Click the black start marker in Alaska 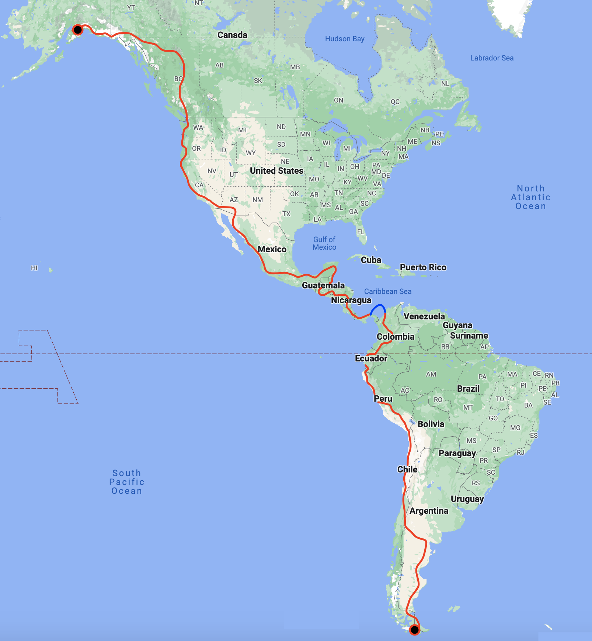[77, 30]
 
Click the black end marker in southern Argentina [415, 630]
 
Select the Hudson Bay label [345, 39]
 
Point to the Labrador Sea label [492, 58]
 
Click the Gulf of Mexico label [324, 243]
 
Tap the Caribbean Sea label [388, 291]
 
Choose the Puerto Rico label [423, 267]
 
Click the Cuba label [371, 260]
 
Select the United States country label [276, 171]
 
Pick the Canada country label [232, 35]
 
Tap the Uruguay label [467, 499]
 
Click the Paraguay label [457, 453]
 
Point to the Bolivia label [431, 424]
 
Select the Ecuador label [371, 358]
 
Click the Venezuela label [424, 316]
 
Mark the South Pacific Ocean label [127, 482]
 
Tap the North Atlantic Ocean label [530, 197]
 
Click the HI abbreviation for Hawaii [34, 268]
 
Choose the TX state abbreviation [286, 214]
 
